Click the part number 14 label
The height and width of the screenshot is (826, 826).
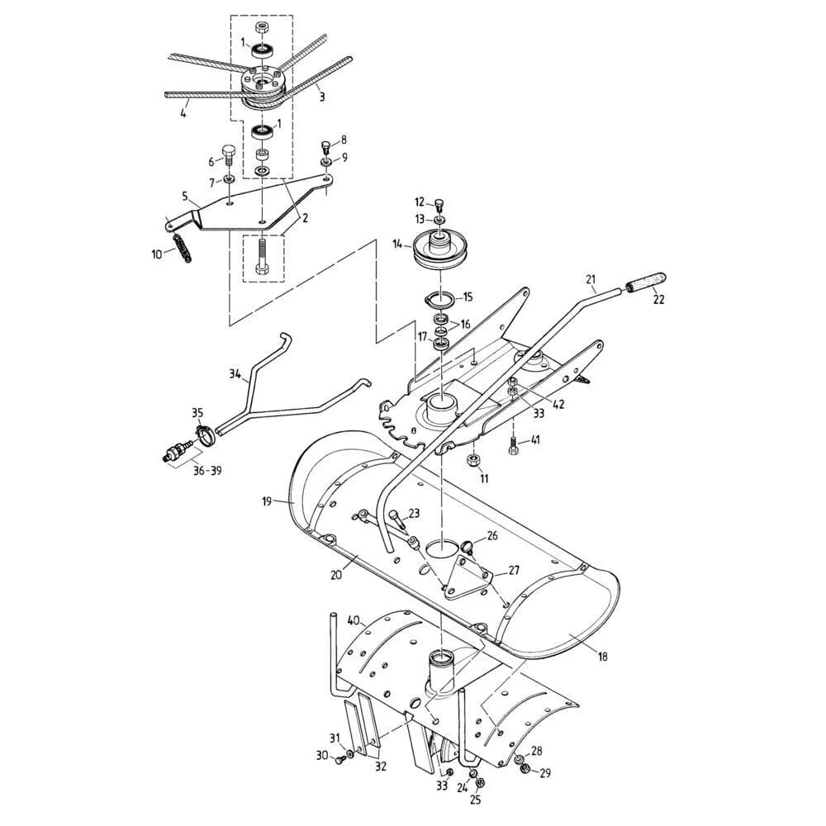(398, 244)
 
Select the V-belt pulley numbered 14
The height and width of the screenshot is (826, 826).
(439, 251)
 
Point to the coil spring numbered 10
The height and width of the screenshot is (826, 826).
(182, 247)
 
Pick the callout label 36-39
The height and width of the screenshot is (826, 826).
(207, 471)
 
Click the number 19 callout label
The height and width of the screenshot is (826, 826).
(267, 501)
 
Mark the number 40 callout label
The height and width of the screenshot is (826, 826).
(353, 620)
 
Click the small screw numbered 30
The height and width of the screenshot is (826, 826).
(340, 759)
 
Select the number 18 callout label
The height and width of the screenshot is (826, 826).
(603, 657)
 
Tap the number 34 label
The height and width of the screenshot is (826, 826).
(235, 374)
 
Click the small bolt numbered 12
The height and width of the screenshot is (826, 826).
(439, 203)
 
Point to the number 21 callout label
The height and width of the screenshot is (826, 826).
(590, 279)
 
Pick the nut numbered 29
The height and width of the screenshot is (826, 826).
(525, 770)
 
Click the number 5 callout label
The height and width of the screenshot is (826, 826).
(185, 196)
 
